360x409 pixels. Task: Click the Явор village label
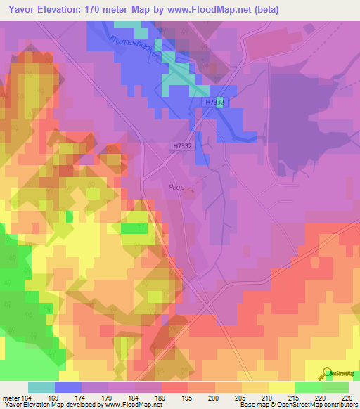[x=176, y=188]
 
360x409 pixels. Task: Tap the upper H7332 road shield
[x=215, y=103]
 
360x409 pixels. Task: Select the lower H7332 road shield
[x=180, y=146]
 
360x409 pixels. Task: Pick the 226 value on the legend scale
[x=347, y=398]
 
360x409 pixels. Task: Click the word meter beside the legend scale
[x=11, y=398]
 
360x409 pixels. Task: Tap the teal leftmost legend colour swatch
[x=41, y=387]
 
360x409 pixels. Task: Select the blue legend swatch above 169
[x=68, y=387]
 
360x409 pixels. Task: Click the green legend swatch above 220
[x=308, y=387]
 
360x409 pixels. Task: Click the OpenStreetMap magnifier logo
[x=328, y=374]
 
